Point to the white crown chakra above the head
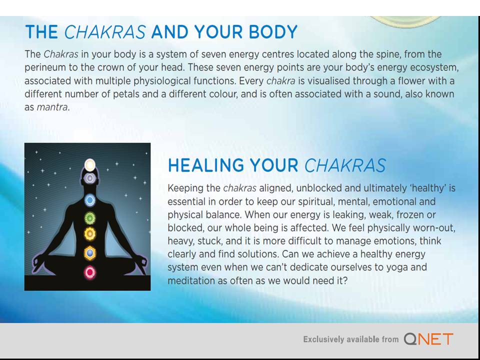point(90,164)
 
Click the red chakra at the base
point(90,272)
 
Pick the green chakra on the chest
point(90,217)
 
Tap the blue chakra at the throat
point(90,200)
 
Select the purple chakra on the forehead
point(90,177)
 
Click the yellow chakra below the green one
point(90,233)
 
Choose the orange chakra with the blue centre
point(90,253)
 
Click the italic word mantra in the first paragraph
point(52,107)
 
